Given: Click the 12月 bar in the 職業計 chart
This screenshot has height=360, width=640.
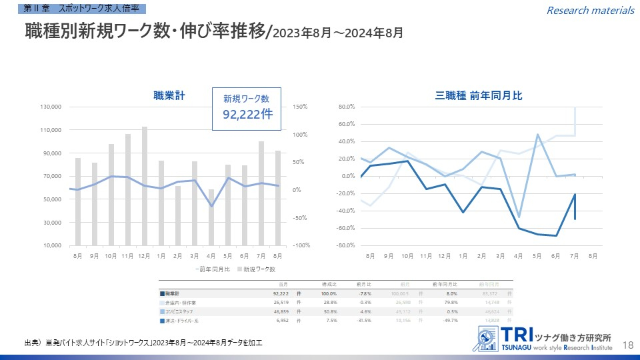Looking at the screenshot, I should point(145,186).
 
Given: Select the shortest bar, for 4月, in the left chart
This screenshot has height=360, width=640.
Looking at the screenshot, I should point(211,217).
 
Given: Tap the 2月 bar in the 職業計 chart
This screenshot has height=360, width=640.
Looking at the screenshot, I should point(178,215).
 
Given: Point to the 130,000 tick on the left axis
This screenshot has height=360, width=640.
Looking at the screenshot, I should point(51,107).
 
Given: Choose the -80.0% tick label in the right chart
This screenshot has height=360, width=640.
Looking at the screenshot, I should point(345,245).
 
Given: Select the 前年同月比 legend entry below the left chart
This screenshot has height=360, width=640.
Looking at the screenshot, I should point(213,269).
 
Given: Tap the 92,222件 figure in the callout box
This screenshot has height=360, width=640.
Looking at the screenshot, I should point(247,114).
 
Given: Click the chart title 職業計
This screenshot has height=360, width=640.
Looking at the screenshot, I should point(169,96).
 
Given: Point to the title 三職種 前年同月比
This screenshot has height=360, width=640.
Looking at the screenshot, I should point(479,96).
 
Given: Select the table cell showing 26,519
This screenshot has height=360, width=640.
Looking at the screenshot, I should point(280,302).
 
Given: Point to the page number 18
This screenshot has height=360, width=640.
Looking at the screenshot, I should point(627,344).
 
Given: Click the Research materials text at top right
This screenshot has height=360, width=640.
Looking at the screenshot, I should point(591,10).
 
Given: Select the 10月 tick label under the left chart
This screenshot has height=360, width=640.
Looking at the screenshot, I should point(111,255).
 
